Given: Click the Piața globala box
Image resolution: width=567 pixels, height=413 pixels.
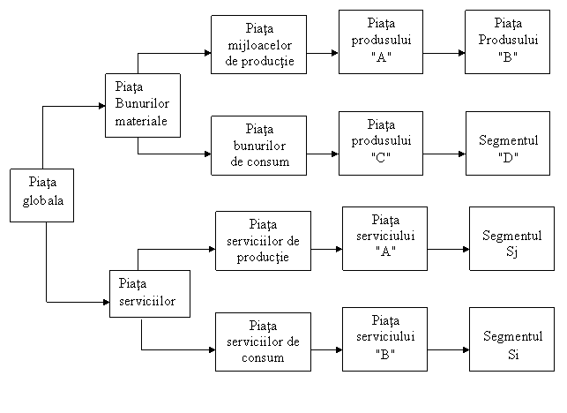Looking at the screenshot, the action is (42, 195).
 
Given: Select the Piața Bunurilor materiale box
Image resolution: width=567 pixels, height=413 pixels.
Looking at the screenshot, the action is (143, 105).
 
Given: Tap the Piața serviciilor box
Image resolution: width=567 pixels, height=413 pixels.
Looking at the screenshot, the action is (150, 294).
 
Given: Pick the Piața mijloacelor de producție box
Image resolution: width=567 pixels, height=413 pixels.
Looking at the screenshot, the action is (259, 44).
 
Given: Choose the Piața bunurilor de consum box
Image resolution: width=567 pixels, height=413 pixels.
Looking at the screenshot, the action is (259, 146).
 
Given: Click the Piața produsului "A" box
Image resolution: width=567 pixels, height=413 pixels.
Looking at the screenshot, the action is (381, 42).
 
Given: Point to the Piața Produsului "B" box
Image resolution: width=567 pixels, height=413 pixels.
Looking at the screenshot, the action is (507, 42).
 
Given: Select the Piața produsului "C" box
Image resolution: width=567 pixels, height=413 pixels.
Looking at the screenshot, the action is (381, 143).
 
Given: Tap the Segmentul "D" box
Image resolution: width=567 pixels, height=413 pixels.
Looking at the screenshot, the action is (508, 143).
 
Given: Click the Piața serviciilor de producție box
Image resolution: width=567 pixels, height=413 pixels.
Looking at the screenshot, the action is (264, 241).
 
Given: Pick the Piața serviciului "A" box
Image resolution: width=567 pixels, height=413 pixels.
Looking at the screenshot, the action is (384, 238).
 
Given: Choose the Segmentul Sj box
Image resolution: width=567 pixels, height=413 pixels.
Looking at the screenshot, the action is (511, 238).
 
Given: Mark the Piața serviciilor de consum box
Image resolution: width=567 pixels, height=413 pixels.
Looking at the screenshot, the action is (264, 342).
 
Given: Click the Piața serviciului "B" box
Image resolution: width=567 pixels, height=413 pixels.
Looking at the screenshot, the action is (384, 339).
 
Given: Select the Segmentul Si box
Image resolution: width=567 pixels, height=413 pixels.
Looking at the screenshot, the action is (511, 339).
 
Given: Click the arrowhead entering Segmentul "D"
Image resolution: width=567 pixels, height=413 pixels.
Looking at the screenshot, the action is (462, 154).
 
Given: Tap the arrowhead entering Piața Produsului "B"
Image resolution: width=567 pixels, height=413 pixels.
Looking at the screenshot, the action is (461, 53).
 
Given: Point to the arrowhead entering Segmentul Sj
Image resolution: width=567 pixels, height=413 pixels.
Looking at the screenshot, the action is (466, 249).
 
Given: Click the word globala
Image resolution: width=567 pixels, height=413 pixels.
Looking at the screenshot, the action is (43, 200).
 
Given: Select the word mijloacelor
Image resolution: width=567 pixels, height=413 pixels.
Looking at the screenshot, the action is (259, 45).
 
